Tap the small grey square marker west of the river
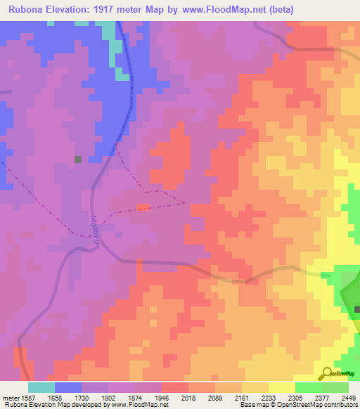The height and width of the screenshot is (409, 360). point(78,160)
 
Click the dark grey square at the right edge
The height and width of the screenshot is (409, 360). point(357,310)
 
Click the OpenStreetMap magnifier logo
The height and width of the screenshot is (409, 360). point(326,373)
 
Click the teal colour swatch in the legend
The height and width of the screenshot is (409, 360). point(41,387)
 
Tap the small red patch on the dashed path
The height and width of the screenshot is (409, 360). point(143,207)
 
